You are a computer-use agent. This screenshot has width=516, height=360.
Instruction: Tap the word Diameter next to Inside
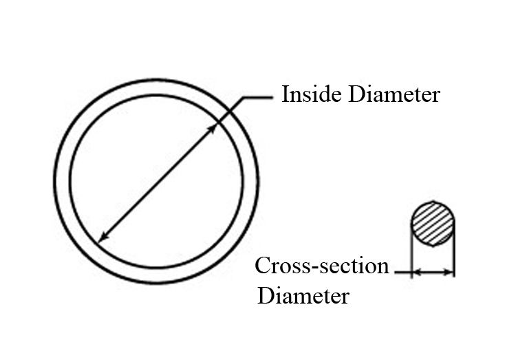(394, 94)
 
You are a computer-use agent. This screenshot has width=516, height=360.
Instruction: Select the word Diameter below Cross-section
(303, 295)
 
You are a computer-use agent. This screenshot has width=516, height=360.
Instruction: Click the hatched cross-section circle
(433, 224)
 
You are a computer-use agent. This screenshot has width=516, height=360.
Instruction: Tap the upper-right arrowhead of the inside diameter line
(213, 129)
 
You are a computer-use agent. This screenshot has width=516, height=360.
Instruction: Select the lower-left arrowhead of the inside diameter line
(104, 237)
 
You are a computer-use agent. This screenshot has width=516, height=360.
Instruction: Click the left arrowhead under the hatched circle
(416, 273)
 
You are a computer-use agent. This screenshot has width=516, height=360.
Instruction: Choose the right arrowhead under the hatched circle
(449, 273)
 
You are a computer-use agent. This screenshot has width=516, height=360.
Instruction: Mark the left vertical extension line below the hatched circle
(411, 251)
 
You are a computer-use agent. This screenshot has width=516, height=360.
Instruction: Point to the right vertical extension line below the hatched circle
(455, 251)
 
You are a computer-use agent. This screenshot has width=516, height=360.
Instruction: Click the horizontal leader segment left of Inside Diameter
(258, 98)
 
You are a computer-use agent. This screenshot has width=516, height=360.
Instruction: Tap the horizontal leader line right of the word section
(403, 273)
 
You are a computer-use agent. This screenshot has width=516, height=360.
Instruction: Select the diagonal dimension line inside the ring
(158, 182)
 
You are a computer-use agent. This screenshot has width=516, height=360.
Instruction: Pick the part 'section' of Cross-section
(354, 266)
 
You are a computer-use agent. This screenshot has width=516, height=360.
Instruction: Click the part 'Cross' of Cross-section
(283, 266)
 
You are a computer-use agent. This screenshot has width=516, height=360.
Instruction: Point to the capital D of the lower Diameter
(265, 295)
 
